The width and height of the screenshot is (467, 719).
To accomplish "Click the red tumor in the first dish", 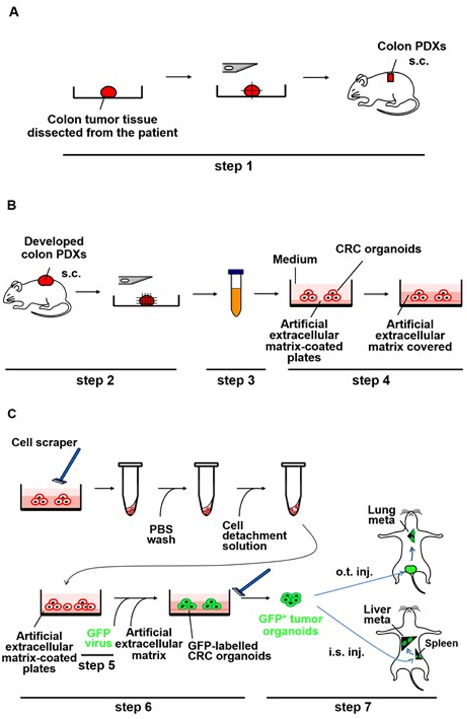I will coord(109,92).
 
